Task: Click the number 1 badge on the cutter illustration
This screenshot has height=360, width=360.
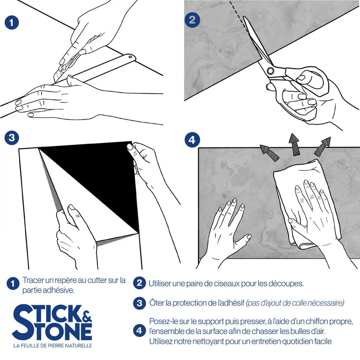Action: click(12, 23)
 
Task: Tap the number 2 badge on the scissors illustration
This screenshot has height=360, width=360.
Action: click(192, 20)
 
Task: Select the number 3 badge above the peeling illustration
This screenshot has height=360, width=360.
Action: click(12, 138)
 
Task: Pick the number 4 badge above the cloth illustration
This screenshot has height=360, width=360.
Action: click(192, 140)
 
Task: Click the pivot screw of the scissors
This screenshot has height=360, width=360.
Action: click(270, 71)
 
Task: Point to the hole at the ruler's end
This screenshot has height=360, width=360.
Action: click(130, 57)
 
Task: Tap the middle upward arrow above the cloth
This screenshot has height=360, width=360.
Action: click(294, 144)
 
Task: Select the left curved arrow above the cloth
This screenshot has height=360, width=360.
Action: click(269, 153)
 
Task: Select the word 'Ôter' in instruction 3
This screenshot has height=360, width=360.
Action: click(157, 303)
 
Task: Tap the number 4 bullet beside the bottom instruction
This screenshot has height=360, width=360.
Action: click(139, 331)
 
